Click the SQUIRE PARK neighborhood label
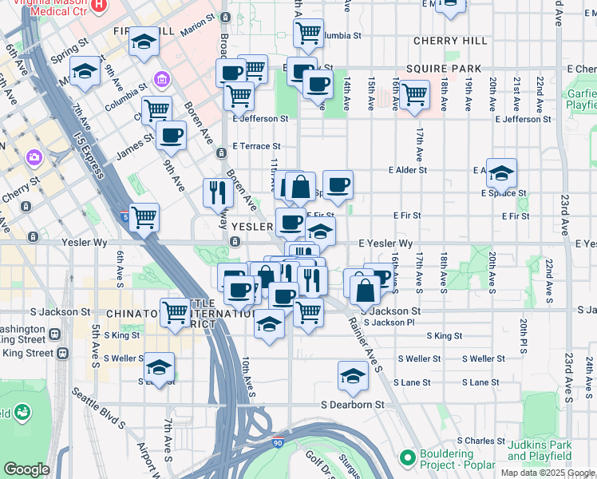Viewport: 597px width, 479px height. [445, 69]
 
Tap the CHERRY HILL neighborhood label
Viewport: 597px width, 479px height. [450, 41]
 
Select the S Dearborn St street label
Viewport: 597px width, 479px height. [352, 405]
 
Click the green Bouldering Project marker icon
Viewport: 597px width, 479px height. [408, 457]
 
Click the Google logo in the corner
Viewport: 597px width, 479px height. [26, 469]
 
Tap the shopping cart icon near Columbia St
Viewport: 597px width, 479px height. [308, 33]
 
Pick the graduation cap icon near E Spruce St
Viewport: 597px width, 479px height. [500, 172]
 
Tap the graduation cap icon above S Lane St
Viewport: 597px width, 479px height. [353, 374]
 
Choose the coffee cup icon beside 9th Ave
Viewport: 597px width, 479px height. [171, 135]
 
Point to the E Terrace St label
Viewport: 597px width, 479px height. [256, 146]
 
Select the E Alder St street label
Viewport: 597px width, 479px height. [408, 170]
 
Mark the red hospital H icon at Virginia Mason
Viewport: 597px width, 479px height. [98, 6]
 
